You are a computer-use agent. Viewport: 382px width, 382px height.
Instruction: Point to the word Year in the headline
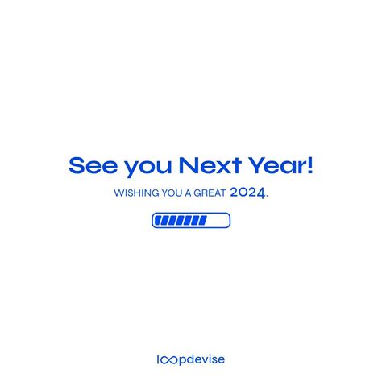(x=279, y=166)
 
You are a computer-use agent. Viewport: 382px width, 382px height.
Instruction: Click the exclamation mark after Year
(x=310, y=166)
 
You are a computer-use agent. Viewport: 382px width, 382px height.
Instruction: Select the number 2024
(x=247, y=193)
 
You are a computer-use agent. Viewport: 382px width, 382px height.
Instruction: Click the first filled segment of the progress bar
(x=158, y=220)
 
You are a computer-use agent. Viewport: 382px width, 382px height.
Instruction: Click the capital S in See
(x=77, y=166)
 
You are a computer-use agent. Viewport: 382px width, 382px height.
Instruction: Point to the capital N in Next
(x=190, y=166)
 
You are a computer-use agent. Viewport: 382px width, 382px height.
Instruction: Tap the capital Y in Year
(x=258, y=166)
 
